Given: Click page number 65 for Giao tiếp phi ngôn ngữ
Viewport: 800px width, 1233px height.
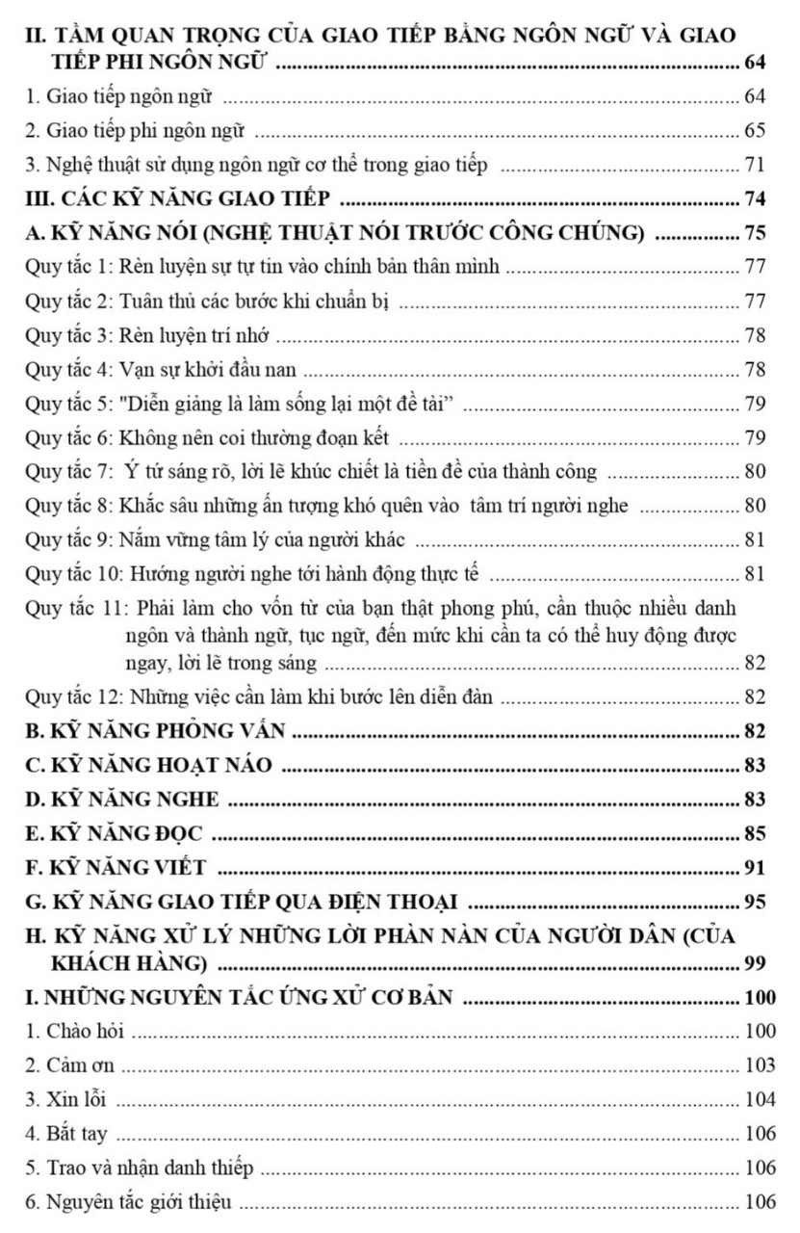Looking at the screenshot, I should pyautogui.click(x=754, y=130).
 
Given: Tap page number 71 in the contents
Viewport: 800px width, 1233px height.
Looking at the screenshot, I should pyautogui.click(x=754, y=165).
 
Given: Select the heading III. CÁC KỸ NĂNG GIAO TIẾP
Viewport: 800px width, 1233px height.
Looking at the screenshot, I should pyautogui.click(x=179, y=199).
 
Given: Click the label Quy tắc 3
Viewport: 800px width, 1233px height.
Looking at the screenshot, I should pyautogui.click(x=68, y=336).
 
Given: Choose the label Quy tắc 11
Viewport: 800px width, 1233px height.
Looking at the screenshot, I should pyautogui.click(x=73, y=611).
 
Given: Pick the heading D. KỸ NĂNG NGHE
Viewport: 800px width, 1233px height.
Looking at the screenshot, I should pyautogui.click(x=122, y=799).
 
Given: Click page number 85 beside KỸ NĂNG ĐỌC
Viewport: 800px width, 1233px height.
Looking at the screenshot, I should pyautogui.click(x=754, y=834).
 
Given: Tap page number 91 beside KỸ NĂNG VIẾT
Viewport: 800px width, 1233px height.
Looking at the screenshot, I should pyautogui.click(x=754, y=869).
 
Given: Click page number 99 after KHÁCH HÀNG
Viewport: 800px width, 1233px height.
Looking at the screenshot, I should pyautogui.click(x=754, y=963).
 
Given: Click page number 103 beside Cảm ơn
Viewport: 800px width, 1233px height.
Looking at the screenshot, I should pyautogui.click(x=760, y=1065).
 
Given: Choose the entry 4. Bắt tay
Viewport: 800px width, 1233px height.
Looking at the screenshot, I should pyautogui.click(x=66, y=1135).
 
